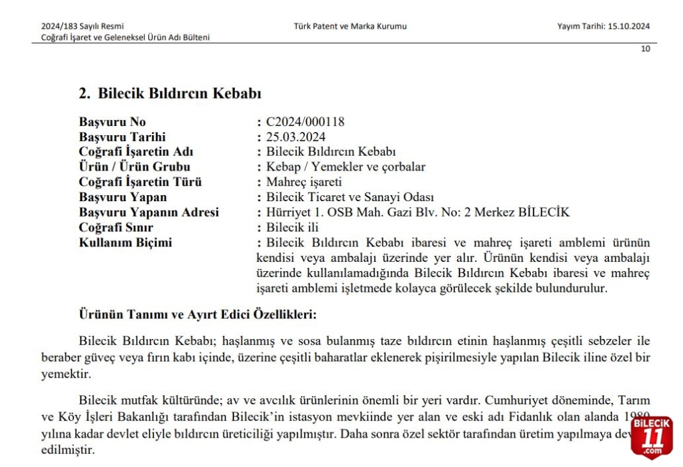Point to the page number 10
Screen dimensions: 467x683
tap(645, 49)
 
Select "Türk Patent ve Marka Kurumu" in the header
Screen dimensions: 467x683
tap(350, 27)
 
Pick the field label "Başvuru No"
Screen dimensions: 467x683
tap(112, 122)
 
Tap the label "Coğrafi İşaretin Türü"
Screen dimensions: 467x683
tap(140, 182)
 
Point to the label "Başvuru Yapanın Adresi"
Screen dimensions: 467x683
tap(149, 213)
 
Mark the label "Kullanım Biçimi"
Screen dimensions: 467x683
tap(125, 242)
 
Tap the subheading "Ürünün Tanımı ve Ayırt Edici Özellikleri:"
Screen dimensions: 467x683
tap(197, 314)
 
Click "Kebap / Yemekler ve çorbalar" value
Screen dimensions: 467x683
tap(346, 167)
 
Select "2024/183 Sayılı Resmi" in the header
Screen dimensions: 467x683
tap(82, 27)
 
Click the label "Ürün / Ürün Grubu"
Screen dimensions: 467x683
tap(134, 167)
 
